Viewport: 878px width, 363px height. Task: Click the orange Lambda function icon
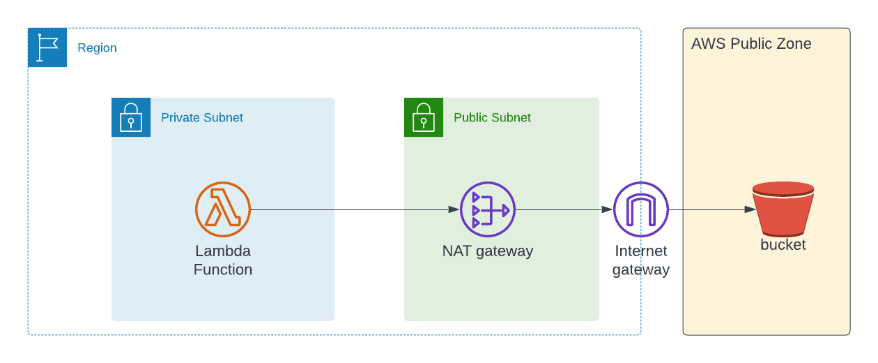point(223,209)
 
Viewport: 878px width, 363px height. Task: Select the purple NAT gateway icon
point(488,209)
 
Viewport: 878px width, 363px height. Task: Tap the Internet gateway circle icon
point(641,209)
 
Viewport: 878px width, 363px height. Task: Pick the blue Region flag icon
point(47,47)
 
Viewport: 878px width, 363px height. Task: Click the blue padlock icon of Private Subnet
point(131,117)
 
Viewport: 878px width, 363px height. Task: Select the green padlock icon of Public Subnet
point(424,117)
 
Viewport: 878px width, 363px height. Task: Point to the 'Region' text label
point(97,48)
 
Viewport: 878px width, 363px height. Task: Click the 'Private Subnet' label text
point(202,118)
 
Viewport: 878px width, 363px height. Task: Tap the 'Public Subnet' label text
point(492,118)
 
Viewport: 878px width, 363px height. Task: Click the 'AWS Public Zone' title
point(751,44)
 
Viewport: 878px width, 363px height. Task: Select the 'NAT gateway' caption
point(488,251)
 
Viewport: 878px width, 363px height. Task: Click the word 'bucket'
point(783,245)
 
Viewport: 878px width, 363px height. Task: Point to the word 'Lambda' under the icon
point(223,251)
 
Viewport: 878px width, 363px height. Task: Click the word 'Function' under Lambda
point(223,269)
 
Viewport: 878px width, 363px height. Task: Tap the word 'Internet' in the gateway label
point(641,251)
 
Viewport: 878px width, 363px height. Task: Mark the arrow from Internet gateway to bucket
point(711,209)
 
